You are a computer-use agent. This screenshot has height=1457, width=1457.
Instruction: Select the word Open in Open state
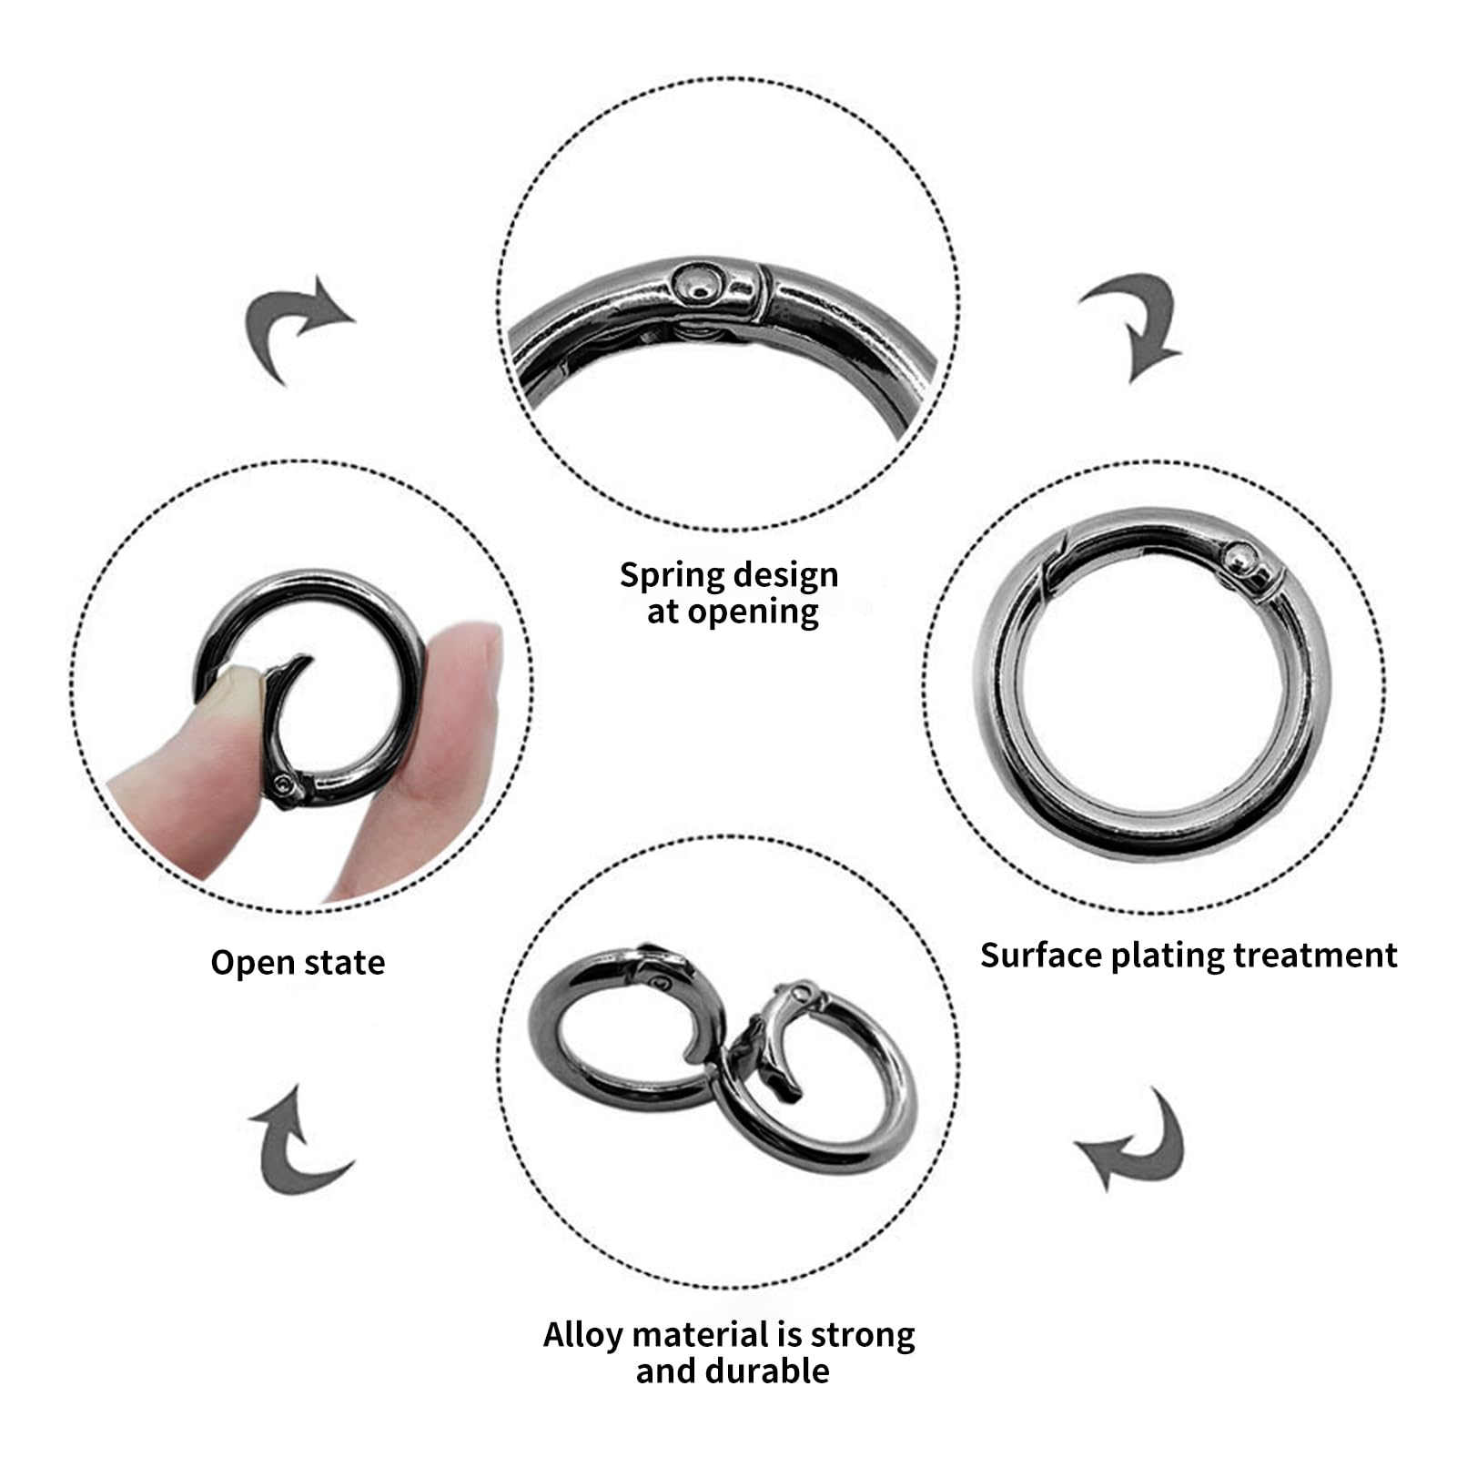coord(247,963)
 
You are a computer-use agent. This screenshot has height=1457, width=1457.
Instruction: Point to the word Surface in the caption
coord(1041,956)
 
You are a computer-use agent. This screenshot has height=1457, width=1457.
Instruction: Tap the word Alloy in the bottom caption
coord(583,1335)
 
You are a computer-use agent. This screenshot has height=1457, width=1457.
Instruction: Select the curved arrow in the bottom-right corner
coord(1137,1142)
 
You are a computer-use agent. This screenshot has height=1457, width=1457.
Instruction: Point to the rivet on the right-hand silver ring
coord(1239,556)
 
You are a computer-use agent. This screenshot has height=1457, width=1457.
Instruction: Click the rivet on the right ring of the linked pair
coord(802,992)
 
